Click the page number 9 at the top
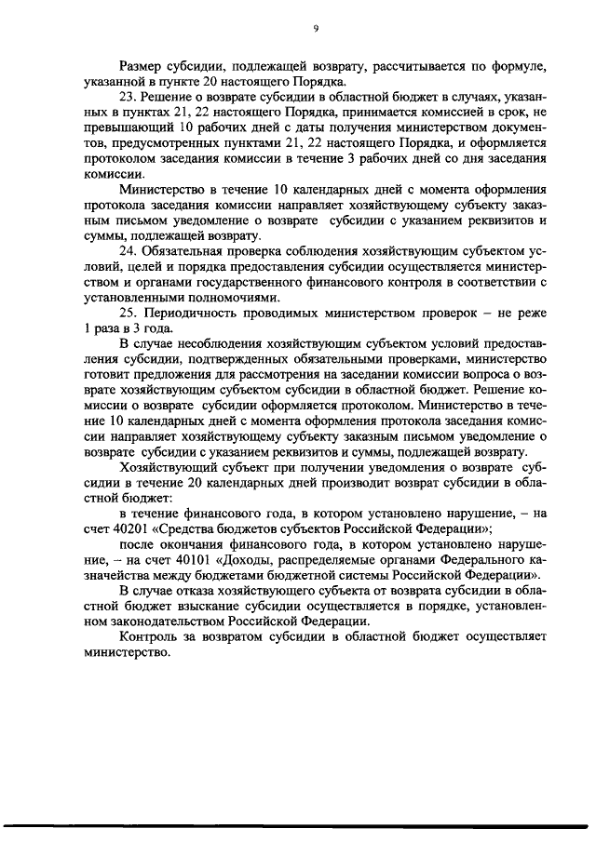[x=316, y=29]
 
